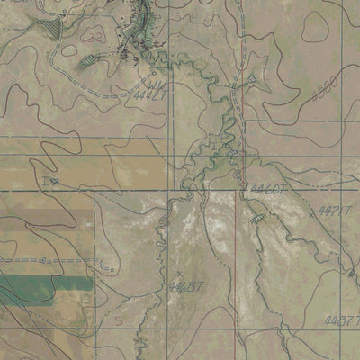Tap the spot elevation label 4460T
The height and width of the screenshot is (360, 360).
pos(267,189)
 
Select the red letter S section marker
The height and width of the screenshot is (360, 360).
pos(117,320)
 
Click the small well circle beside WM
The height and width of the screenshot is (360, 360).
pos(155,72)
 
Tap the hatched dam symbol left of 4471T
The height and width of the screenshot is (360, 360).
pos(258,218)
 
